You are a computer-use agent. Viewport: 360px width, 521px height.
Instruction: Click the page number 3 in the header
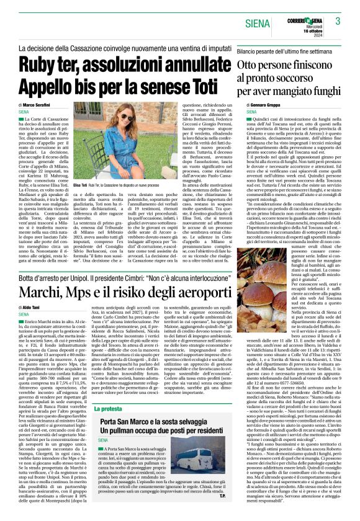pos(338,21)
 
